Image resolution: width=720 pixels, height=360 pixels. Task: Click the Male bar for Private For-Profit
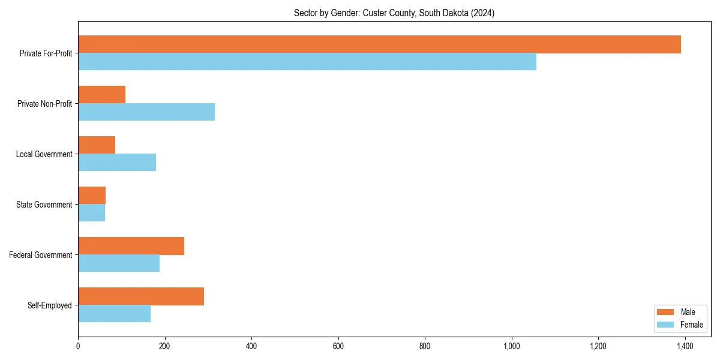pos(379,44)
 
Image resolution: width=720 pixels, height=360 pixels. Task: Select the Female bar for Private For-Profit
pos(307,62)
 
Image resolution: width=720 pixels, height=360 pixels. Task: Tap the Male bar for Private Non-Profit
pos(102,95)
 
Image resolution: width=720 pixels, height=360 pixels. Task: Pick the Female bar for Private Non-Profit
pos(146,112)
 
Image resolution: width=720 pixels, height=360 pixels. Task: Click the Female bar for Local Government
pos(117,163)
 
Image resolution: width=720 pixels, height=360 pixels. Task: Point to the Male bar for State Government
pos(92,196)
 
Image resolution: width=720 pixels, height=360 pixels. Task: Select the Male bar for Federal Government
pos(131,246)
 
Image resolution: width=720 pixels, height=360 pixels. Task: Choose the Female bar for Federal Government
pos(119,263)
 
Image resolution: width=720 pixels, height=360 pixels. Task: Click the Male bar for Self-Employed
pos(141,296)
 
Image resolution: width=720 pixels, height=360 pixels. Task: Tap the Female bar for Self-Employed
pos(114,314)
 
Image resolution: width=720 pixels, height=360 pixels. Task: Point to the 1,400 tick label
pos(685,346)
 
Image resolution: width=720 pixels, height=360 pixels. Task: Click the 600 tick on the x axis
pos(338,346)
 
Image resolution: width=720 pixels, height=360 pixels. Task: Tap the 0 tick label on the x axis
pos(78,346)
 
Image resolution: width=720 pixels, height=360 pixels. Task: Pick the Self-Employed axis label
pos(50,305)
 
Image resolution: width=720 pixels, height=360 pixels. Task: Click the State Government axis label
pos(44,205)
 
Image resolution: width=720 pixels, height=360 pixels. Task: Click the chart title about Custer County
pos(394,13)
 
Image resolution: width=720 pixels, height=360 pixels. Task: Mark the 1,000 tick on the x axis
pos(512,346)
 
